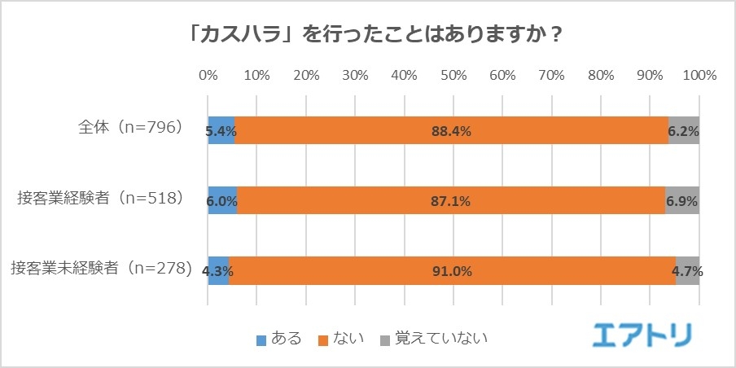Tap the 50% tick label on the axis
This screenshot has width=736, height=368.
tap(453, 76)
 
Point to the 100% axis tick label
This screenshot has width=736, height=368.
tap(699, 76)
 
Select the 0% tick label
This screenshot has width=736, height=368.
tap(208, 76)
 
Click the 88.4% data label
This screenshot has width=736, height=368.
tap(452, 130)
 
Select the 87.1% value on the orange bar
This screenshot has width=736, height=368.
tap(450, 200)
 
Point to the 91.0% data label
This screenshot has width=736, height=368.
tap(453, 270)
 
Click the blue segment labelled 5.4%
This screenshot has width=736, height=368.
tap(221, 130)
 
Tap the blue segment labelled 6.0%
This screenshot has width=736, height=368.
tap(223, 200)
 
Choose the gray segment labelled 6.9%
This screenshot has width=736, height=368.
tap(682, 200)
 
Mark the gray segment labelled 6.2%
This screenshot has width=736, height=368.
tap(684, 130)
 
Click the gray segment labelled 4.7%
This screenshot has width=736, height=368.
tap(688, 270)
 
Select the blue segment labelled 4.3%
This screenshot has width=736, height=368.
tap(219, 270)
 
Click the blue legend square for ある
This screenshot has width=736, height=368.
tap(261, 337)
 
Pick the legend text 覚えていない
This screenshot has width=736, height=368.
tap(440, 336)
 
